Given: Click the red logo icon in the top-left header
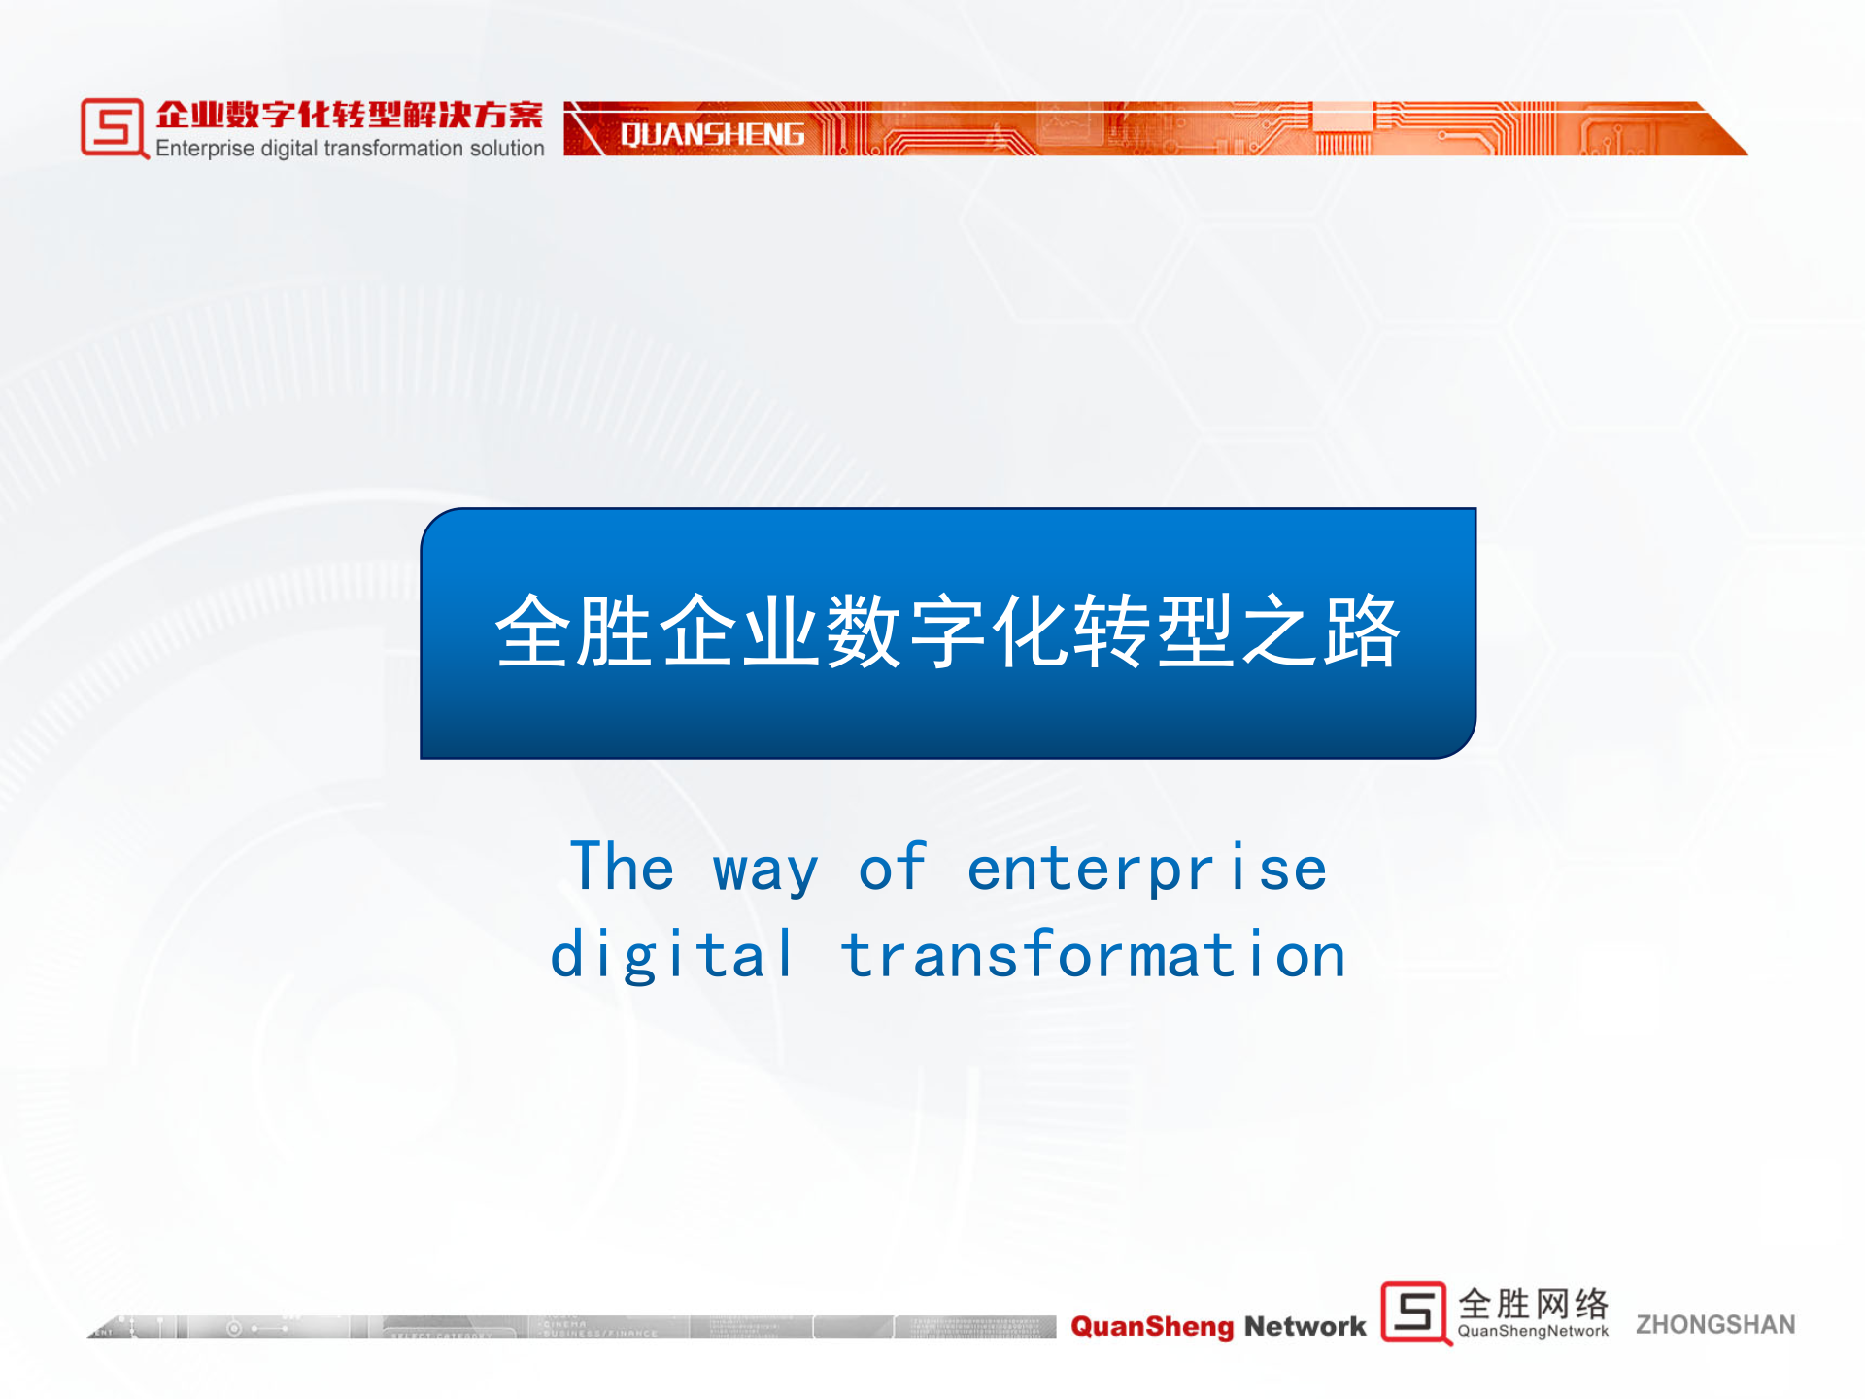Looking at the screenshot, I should coord(114,127).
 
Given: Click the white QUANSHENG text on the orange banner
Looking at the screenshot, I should coord(712,134).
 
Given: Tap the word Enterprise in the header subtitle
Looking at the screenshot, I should coord(205,149).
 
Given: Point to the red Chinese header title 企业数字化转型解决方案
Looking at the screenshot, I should coord(350,115).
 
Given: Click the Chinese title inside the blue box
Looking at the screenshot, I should coord(948,631).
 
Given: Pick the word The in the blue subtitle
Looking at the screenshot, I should coord(622,867).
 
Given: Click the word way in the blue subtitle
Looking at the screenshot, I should coord(765,870).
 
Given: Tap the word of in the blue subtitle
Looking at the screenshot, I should coord(892,867).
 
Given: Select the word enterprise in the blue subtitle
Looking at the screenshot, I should coord(1147,869).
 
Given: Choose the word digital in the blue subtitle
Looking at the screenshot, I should coord(672,955).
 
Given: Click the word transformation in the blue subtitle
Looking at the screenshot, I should coord(1094,954).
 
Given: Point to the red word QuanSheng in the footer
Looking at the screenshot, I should coord(1152,1326).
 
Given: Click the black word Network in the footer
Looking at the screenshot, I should coord(1305,1326).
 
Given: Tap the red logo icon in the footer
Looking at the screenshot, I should coord(1415,1313).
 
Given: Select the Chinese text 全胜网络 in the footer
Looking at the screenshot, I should coord(1533,1303).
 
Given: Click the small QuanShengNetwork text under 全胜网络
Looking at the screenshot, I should coord(1533,1331).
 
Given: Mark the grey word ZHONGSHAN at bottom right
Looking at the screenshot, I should coord(1715,1324).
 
